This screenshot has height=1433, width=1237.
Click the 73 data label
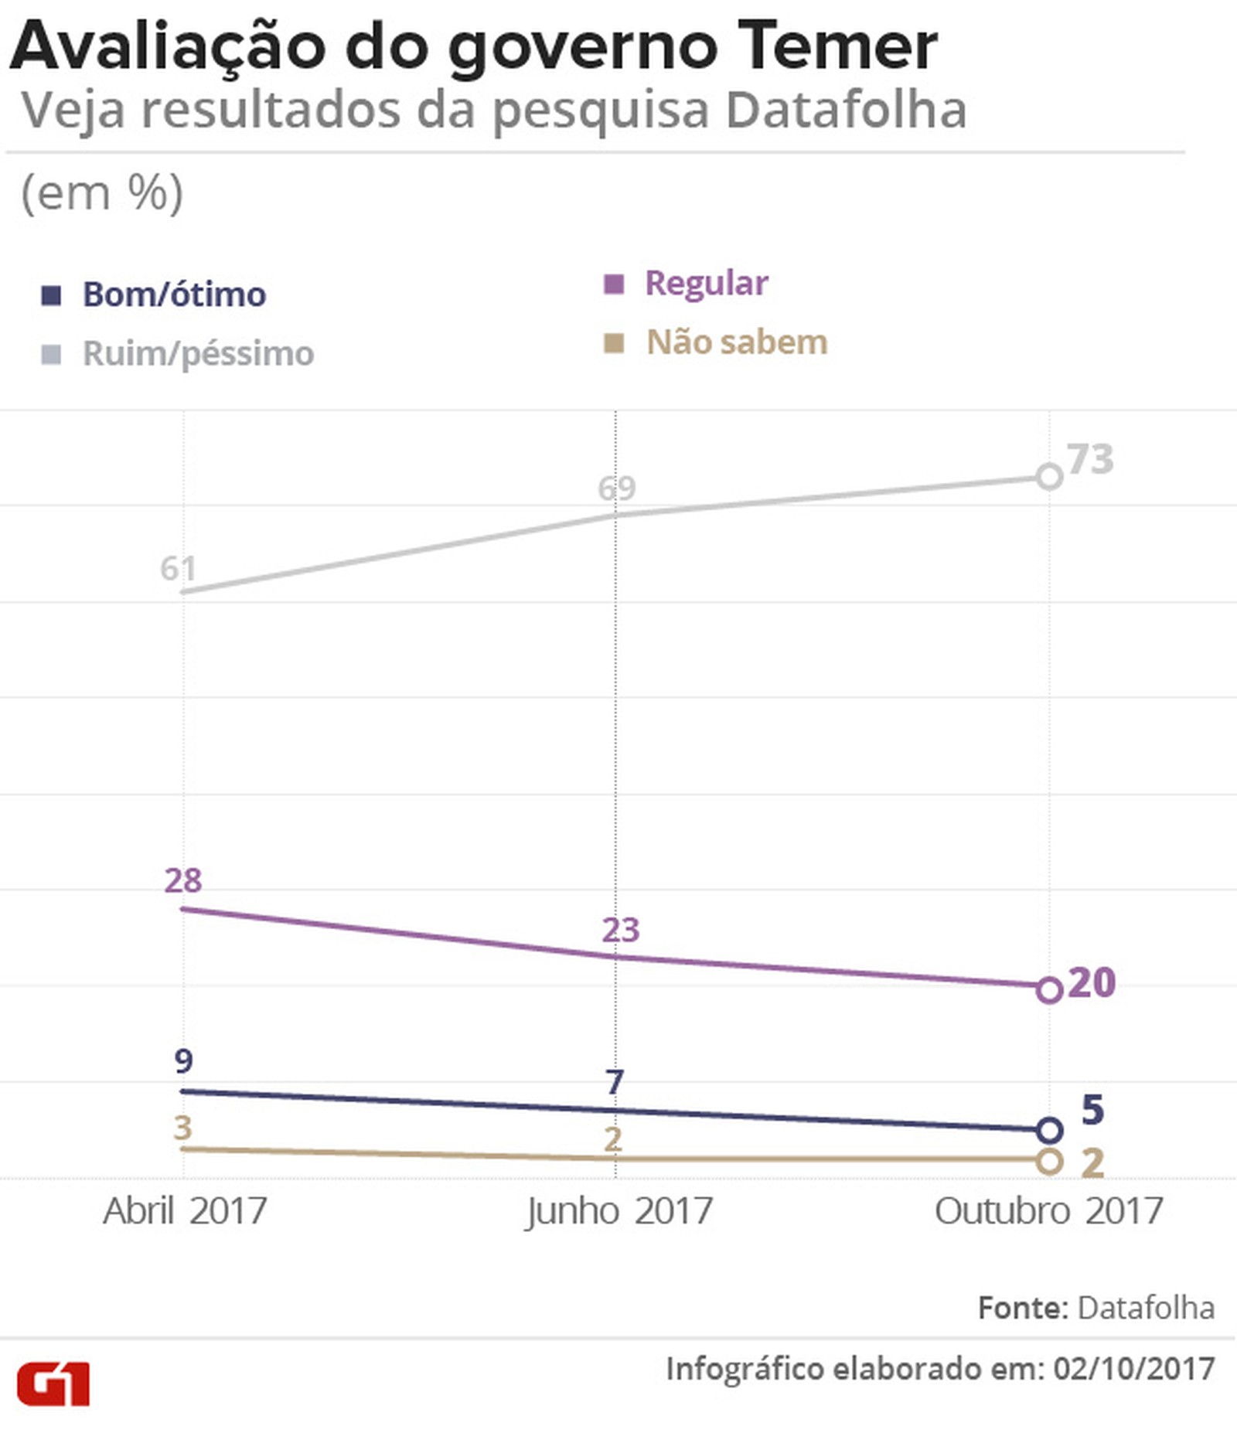click(1090, 459)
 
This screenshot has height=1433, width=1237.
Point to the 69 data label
click(616, 488)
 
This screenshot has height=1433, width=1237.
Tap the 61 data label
click(178, 569)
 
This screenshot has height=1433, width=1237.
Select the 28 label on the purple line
click(183, 880)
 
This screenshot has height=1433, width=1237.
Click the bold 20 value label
click(1091, 983)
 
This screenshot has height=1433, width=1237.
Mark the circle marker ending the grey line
click(1049, 477)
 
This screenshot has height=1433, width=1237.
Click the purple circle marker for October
click(1049, 990)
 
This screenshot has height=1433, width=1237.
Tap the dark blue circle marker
click(1049, 1131)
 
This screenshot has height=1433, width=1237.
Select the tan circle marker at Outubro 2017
click(1049, 1161)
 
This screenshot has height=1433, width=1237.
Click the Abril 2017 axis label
click(185, 1211)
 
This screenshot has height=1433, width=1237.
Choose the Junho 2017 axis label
click(618, 1211)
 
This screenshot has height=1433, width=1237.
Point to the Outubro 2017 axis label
click(1048, 1211)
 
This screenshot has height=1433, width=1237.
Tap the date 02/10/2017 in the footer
click(1133, 1369)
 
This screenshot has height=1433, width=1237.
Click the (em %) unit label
click(102, 192)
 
